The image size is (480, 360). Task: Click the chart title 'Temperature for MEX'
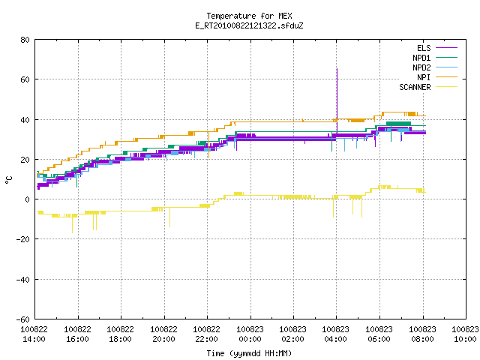249,16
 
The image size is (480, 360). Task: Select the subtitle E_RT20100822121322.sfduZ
249,25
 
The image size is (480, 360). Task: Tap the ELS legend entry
437,48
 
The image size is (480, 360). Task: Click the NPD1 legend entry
435,58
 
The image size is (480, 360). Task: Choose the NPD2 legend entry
435,67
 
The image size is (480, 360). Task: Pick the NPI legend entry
437,77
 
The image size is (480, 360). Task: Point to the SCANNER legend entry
428,87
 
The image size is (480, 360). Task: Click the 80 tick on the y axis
25,40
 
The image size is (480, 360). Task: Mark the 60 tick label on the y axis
25,79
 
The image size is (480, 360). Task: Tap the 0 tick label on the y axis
27,199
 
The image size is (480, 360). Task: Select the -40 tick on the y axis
22,280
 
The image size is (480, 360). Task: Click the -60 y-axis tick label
22,319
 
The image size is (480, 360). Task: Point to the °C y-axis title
8,180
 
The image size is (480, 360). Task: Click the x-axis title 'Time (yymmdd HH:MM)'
249,353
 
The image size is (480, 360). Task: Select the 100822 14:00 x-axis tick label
34,334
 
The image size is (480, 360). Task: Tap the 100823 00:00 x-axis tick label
250,334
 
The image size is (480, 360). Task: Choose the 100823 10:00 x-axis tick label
465,334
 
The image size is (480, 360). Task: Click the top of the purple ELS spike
337,69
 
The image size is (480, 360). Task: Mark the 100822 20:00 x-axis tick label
164,334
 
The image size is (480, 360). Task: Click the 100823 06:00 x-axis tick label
379,334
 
